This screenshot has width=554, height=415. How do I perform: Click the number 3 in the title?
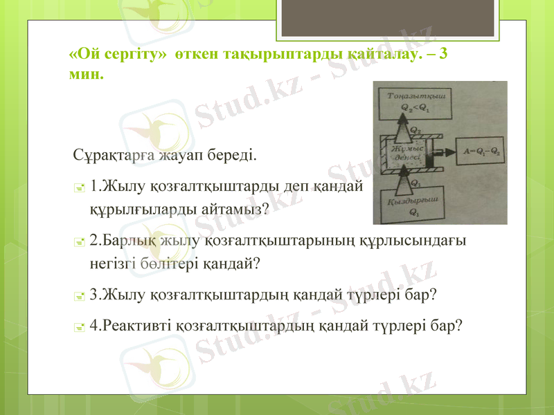click(443, 54)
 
